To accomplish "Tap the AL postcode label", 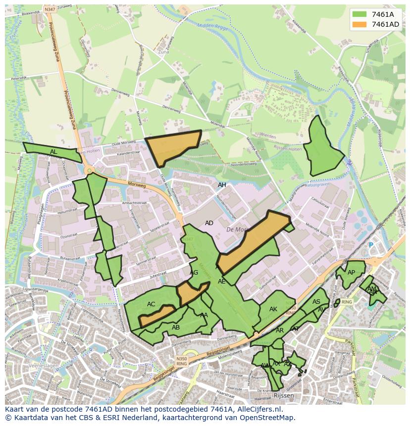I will (53, 151).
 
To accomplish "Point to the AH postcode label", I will (222, 185).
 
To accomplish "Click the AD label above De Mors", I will (209, 223).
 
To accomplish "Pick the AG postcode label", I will (194, 273).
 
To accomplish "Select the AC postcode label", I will (151, 304).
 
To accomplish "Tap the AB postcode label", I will (176, 327).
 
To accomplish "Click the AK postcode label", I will (273, 309).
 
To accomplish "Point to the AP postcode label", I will (351, 273).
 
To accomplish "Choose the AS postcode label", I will (316, 302).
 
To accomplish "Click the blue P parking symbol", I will (370, 245).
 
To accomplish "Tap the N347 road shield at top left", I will (50, 9).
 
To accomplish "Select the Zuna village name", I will (163, 51).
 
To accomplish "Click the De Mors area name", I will (236, 230).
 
